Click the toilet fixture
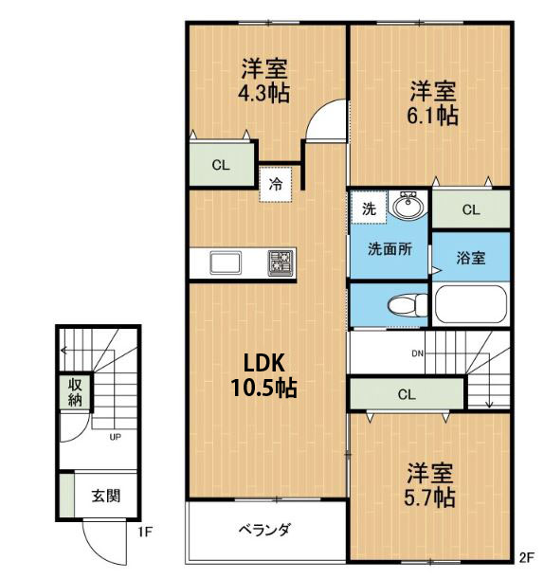click(408, 305)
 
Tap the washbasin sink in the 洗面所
click(408, 204)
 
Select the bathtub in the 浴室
click(470, 304)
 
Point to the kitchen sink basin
click(226, 262)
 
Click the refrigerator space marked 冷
click(276, 184)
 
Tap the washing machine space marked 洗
click(369, 208)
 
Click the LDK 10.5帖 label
click(264, 375)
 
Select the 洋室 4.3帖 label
click(263, 81)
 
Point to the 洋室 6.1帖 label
click(433, 103)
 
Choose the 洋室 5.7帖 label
click(429, 485)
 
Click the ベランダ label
click(264, 530)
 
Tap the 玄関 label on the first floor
click(106, 496)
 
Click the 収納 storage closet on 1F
click(75, 391)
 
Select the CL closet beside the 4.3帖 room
click(221, 165)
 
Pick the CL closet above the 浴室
click(471, 209)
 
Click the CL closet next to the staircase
click(407, 394)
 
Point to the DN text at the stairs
click(418, 353)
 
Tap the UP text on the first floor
click(116, 437)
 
